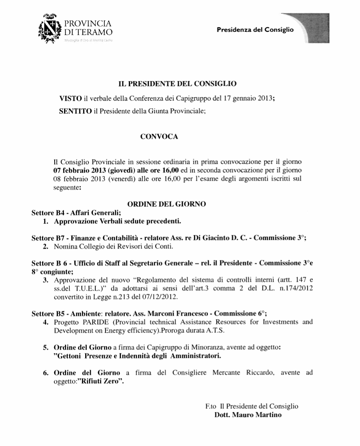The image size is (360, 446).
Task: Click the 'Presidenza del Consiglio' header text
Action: click(255, 30)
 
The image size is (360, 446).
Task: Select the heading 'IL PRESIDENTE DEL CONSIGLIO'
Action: click(177, 85)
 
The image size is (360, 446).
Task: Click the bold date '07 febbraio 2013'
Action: click(80, 170)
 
